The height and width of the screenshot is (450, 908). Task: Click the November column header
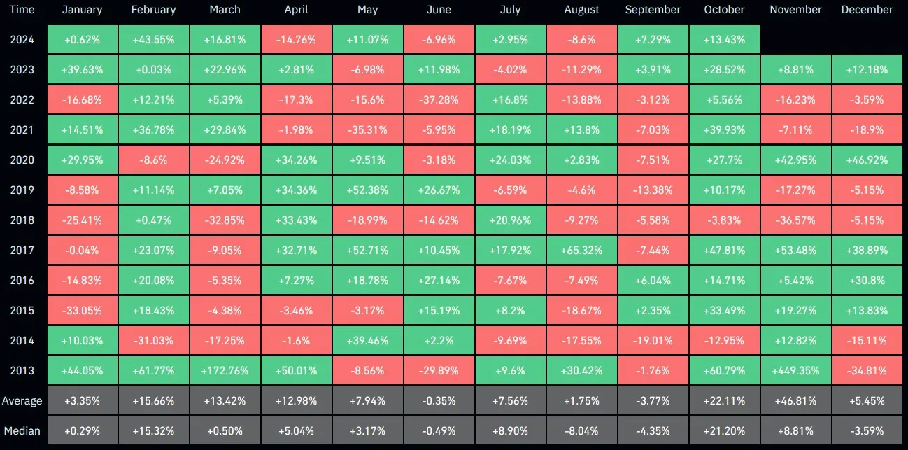click(x=795, y=10)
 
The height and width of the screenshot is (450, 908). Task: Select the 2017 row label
click(x=22, y=250)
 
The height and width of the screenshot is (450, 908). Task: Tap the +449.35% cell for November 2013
click(x=795, y=370)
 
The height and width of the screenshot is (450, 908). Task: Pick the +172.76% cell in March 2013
click(x=225, y=370)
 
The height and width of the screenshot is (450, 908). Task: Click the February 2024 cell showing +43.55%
click(x=154, y=40)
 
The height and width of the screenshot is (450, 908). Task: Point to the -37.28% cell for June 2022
click(x=439, y=100)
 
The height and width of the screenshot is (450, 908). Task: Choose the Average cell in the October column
click(x=724, y=401)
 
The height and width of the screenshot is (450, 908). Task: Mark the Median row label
click(x=22, y=430)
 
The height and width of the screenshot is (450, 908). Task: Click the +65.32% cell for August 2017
click(x=582, y=250)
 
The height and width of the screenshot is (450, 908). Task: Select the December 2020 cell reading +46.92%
click(x=867, y=160)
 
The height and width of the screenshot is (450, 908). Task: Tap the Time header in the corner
click(x=22, y=10)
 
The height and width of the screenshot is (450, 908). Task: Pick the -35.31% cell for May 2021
click(x=368, y=130)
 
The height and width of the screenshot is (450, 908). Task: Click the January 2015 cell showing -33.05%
click(x=82, y=310)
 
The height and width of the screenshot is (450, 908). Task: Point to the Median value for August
click(x=582, y=430)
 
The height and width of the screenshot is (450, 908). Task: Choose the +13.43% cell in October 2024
click(x=724, y=40)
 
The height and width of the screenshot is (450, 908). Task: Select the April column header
click(x=297, y=10)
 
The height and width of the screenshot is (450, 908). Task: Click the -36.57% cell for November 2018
click(x=795, y=220)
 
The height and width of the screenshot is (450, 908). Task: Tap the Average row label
click(x=22, y=401)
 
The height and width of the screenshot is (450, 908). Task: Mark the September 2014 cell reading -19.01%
click(x=653, y=340)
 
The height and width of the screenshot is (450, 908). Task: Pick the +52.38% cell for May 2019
click(x=368, y=190)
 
